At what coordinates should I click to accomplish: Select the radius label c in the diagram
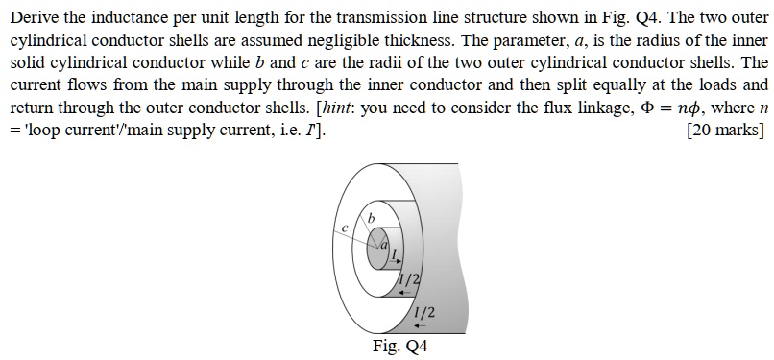click(x=343, y=228)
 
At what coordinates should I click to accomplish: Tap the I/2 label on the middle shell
click(x=408, y=278)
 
